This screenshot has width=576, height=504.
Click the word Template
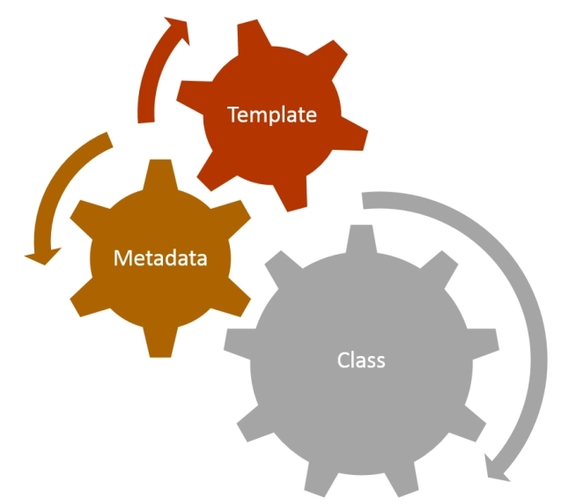point(272,115)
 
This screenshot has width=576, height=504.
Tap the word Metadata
point(160,257)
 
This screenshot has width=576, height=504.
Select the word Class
point(361,359)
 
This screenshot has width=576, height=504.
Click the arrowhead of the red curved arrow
point(178,29)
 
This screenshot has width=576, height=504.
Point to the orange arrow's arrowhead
point(42,256)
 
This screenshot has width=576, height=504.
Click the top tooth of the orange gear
point(160,174)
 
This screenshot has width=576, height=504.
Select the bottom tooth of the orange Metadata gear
point(160,342)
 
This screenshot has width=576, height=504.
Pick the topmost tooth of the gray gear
point(361,238)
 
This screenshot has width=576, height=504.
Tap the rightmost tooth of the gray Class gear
point(484,340)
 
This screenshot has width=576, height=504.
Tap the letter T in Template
point(234,115)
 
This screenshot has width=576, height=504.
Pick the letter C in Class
point(343,359)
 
